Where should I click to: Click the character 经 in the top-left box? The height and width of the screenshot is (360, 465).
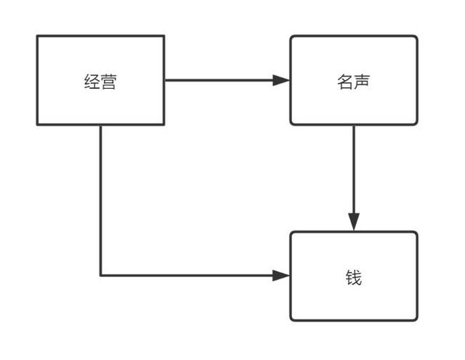tap(92, 81)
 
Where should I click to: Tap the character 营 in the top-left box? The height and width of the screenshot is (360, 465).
tap(108, 81)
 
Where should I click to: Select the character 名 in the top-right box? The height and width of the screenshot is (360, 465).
tap(346, 81)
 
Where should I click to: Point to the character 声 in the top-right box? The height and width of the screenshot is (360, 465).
tap(362, 81)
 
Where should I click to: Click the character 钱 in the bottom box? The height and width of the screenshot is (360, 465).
tap(354, 277)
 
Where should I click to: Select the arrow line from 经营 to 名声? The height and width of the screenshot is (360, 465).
tap(218, 80)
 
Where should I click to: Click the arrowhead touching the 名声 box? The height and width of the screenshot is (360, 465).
tap(282, 80)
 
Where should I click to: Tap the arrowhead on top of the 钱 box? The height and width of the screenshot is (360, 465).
tap(354, 223)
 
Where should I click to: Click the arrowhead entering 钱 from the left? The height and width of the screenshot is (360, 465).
tap(282, 275)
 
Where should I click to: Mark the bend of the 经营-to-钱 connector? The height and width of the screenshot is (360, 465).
tap(100, 275)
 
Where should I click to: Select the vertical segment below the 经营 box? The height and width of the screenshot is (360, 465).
tap(100, 200)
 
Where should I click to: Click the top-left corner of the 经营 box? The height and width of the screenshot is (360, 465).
tap(38, 36)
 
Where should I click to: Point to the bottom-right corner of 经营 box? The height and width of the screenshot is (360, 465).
tap(163, 124)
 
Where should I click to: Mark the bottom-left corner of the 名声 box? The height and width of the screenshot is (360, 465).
tap(291, 124)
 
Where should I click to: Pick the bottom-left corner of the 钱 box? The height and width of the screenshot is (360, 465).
tap(291, 320)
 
